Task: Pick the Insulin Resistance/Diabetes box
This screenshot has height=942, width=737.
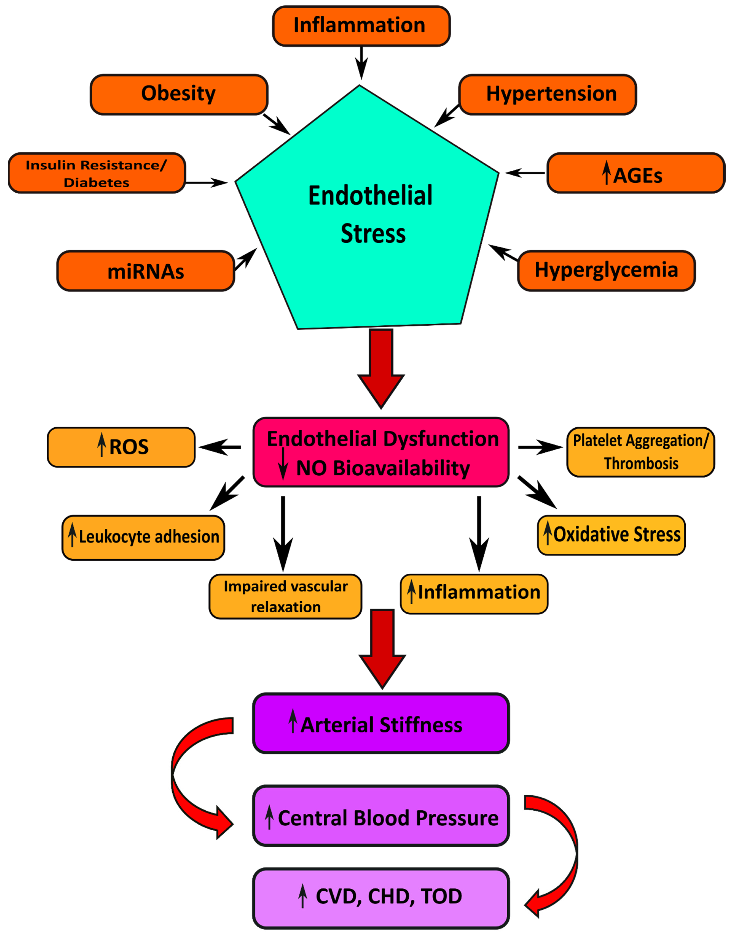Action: [97, 173]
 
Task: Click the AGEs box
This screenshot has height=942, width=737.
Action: [636, 173]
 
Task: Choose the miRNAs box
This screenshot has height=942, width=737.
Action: [146, 271]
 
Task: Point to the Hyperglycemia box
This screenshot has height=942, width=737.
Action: [606, 271]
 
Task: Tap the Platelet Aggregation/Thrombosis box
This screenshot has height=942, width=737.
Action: [641, 452]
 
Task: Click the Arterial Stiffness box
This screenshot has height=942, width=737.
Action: [381, 723]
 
